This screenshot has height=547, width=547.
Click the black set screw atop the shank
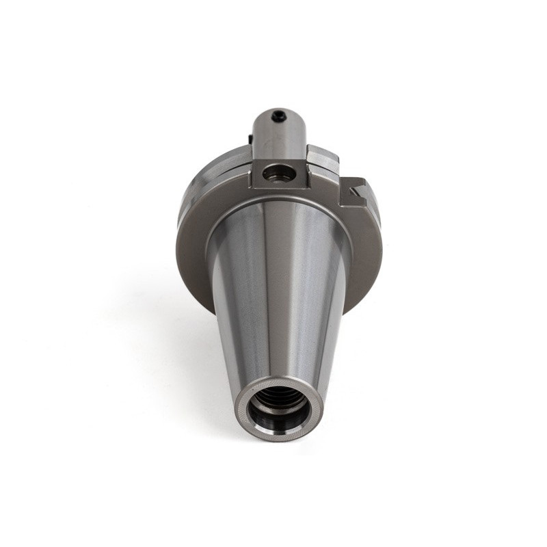[278, 117]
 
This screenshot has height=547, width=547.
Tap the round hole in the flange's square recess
[279, 174]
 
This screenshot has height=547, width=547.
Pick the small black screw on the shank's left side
[251, 140]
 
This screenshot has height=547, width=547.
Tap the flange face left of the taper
[195, 239]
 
